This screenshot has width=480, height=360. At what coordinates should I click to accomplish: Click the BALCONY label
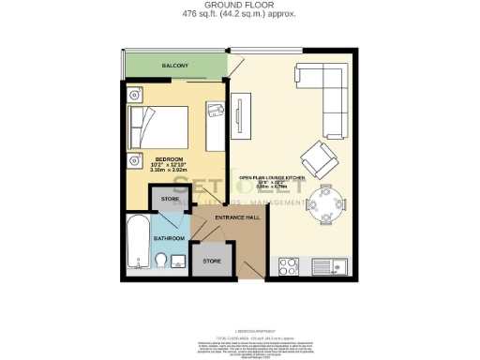[174, 66]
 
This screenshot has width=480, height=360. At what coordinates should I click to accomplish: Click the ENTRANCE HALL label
[236, 217]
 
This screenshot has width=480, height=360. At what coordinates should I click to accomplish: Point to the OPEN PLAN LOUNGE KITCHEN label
[273, 178]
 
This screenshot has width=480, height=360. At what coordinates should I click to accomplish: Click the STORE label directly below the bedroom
[170, 200]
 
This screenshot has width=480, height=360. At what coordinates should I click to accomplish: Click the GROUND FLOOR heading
[239, 5]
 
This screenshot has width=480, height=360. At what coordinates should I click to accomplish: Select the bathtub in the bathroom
[132, 243]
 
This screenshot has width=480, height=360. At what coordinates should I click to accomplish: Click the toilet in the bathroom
[160, 260]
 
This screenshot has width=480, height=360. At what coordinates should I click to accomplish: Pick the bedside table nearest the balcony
[135, 93]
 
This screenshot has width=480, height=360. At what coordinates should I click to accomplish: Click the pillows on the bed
[139, 124]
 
